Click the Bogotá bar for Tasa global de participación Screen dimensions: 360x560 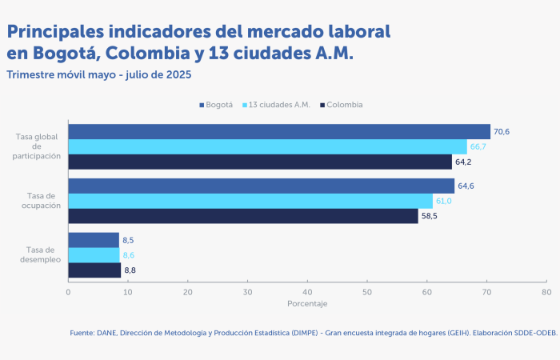278,132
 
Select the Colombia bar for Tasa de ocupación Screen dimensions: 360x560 242,216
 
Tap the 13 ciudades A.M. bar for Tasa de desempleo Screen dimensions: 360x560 94,255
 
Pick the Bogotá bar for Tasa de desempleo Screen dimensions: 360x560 94,240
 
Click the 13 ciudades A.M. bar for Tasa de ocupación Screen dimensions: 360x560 250,201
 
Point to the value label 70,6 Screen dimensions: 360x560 502,132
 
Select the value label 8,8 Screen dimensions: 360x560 130,270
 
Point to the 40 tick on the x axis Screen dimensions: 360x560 307,292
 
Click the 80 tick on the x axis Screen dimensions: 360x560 546,292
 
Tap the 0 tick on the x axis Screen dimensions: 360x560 68,292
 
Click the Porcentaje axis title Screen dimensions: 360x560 307,304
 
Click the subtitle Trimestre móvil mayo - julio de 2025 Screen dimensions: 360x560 99,74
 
